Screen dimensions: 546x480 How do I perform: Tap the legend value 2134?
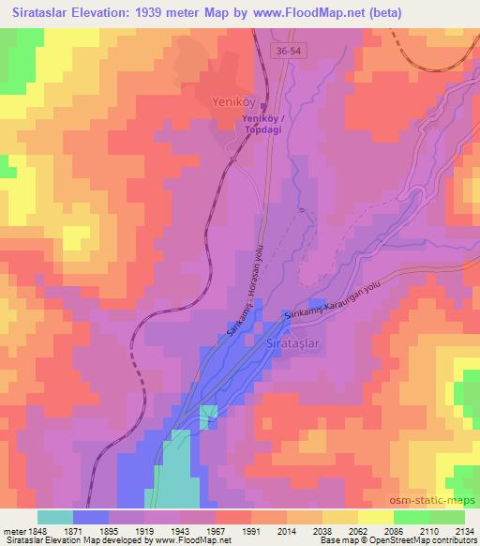pyautogui.click(x=462, y=530)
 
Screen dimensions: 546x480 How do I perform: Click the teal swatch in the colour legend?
pyautogui.click(x=55, y=516)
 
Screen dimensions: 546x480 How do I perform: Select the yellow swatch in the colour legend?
pyautogui.click(x=375, y=516)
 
